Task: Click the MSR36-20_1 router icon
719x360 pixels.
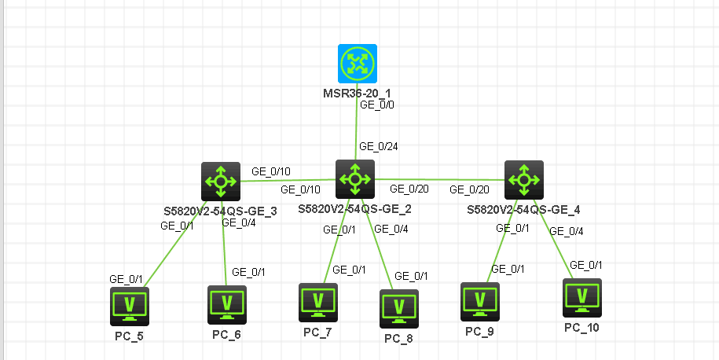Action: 358,64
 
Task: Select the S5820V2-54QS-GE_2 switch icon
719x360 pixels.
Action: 355,179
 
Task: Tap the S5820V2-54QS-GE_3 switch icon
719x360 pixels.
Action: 221,182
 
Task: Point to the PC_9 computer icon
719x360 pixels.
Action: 479,301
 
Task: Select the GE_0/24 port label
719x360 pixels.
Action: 377,146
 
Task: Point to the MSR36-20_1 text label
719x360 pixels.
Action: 358,94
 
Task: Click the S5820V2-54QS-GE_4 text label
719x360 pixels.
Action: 523,210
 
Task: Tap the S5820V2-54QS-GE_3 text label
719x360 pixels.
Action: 220,211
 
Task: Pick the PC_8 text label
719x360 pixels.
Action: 398,339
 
